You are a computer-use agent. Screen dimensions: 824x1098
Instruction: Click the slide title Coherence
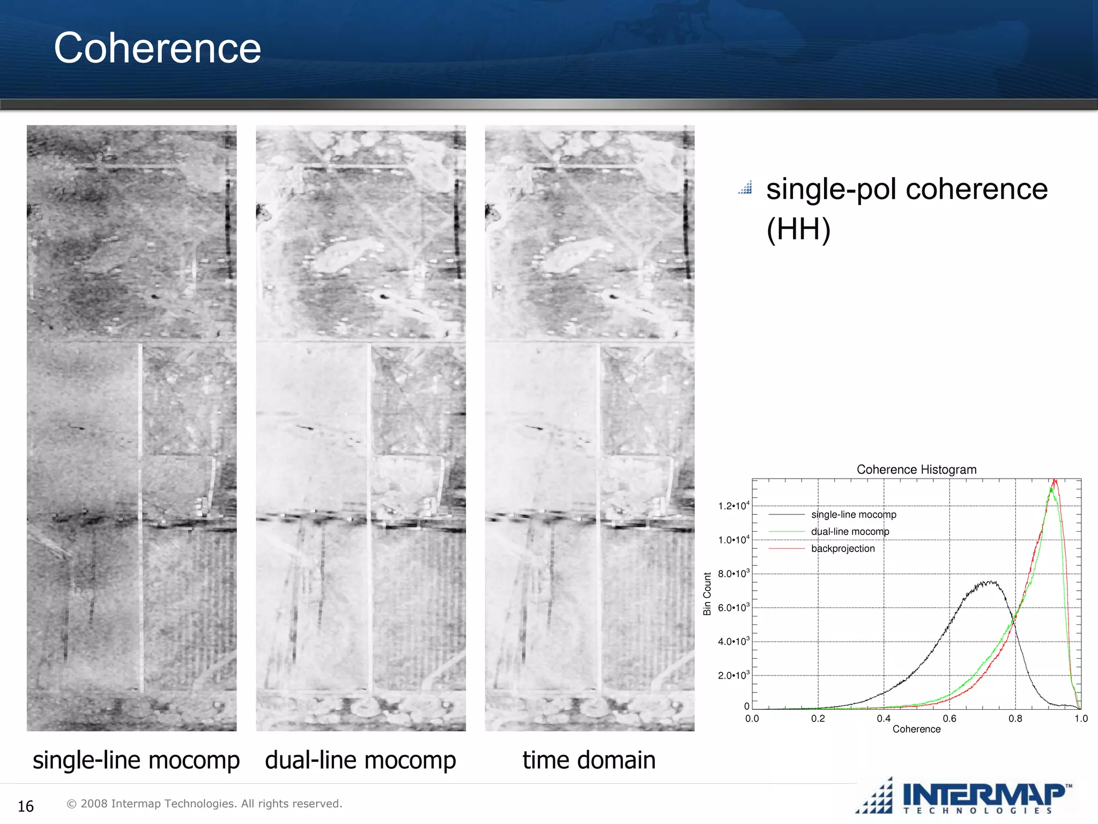point(157,48)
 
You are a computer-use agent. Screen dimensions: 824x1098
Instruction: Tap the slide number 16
point(26,806)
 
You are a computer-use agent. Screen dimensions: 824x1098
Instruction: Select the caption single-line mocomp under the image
point(136,760)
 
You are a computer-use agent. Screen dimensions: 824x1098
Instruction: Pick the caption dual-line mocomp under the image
point(360,760)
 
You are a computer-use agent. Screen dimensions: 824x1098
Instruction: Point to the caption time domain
point(589,760)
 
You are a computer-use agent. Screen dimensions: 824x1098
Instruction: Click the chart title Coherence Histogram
point(916,469)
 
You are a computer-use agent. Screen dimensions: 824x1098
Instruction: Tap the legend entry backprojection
point(843,548)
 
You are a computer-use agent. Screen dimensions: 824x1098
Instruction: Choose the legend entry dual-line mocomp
point(850,531)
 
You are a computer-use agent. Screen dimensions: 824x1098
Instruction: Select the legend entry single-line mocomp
point(854,514)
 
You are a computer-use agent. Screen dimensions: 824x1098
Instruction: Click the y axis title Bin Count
point(707,593)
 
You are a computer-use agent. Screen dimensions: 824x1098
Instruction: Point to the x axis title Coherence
point(916,729)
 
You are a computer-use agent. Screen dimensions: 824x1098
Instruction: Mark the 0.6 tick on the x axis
point(949,718)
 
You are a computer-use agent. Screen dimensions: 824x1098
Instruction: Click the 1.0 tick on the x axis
point(1081,718)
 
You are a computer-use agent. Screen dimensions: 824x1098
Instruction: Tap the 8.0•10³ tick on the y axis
point(733,574)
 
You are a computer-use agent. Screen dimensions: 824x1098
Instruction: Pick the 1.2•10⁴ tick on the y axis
point(733,506)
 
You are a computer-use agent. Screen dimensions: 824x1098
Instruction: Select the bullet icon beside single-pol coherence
point(745,188)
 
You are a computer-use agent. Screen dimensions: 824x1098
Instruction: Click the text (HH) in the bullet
point(798,229)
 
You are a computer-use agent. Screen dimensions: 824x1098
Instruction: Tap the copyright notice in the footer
point(204,804)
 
